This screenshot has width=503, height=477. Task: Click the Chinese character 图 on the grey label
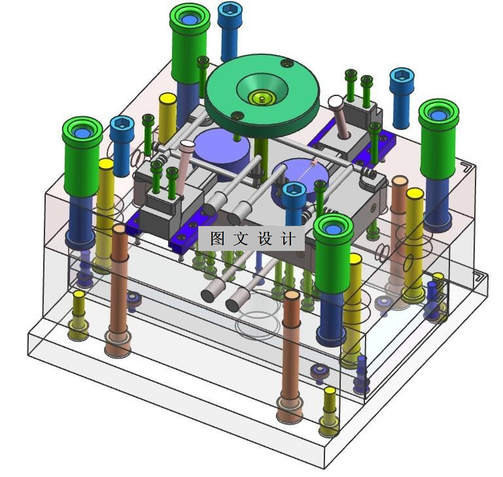(218, 238)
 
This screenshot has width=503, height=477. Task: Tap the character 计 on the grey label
(288, 238)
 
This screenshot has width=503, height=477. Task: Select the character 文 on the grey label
(241, 238)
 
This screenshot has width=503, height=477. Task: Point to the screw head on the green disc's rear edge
(287, 63)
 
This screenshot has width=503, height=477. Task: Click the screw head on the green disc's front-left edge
(237, 116)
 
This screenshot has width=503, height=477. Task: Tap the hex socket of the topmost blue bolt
(230, 10)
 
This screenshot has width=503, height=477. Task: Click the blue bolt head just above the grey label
(294, 189)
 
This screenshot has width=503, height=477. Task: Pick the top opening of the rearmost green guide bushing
(190, 18)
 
